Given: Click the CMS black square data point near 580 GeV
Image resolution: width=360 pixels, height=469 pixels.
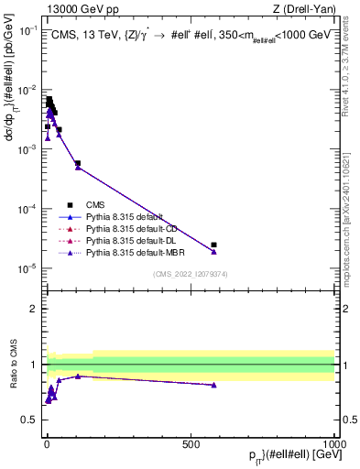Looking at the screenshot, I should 213,245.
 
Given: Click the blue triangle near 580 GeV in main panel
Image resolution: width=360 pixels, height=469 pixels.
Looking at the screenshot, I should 213,252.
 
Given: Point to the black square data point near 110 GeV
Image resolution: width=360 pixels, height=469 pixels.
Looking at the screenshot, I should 78,163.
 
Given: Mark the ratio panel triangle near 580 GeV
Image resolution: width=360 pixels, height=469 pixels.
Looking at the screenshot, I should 213,386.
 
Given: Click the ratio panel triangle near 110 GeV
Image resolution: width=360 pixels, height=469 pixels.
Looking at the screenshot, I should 78,376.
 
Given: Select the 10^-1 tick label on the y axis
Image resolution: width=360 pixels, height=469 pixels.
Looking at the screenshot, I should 27,29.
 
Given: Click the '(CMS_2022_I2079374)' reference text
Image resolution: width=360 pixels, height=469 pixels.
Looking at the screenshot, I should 190,274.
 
